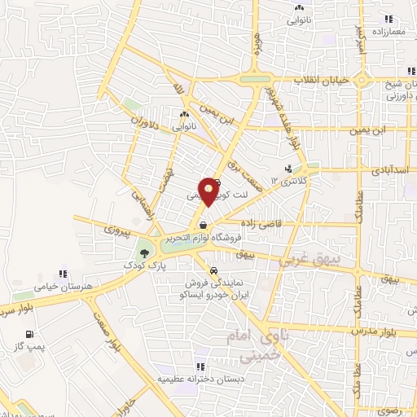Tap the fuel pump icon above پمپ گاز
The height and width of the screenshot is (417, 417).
[x=30, y=334]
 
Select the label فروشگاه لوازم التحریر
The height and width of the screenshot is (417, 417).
[x=204, y=239]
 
